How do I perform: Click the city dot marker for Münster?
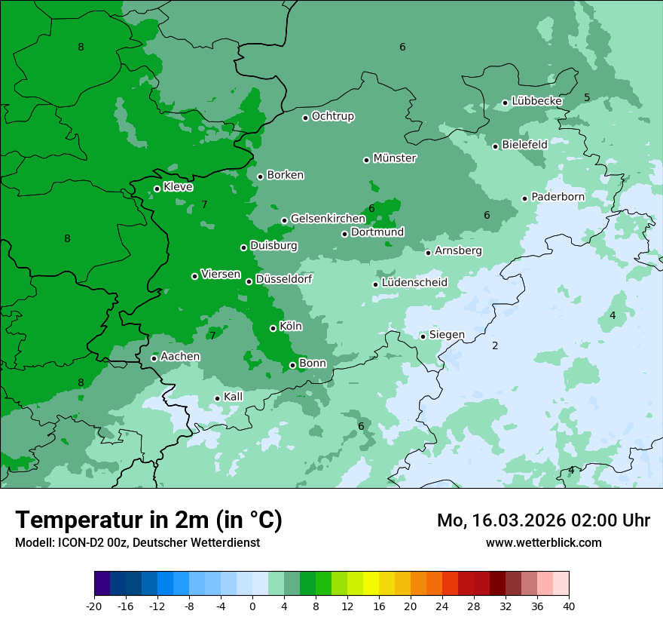(366, 160)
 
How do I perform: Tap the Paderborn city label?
(558, 197)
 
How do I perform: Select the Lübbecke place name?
(536, 101)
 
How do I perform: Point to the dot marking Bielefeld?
(495, 146)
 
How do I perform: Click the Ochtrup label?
(332, 116)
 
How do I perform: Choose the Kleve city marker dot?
(157, 189)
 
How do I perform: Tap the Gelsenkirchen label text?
(328, 219)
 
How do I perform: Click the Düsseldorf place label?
(283, 279)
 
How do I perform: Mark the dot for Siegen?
(423, 336)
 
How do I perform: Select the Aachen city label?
(180, 356)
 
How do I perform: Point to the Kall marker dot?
(217, 398)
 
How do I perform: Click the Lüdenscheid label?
(414, 283)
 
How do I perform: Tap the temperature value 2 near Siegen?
(495, 345)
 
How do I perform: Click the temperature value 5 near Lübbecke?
(587, 97)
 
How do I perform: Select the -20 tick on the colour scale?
(94, 606)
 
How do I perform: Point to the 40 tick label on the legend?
(568, 606)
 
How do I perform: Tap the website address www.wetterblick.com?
(543, 542)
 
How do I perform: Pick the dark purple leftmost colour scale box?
(102, 584)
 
